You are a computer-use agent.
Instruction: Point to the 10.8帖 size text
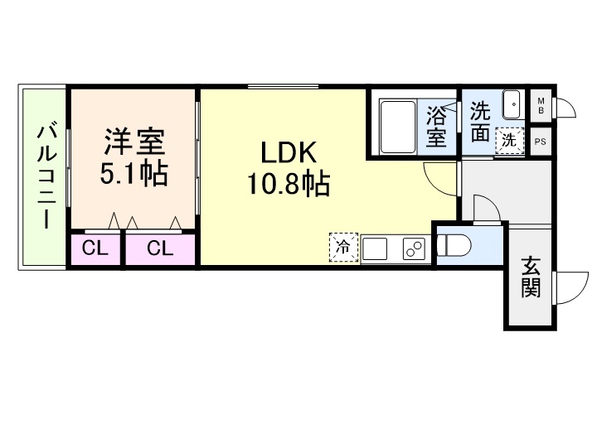click(288, 184)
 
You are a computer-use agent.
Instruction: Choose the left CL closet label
click(95, 248)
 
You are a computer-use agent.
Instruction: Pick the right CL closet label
click(160, 248)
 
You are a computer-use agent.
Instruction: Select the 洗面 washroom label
click(481, 123)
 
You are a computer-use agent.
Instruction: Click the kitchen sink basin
click(375, 248)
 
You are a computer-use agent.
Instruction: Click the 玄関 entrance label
click(531, 277)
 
